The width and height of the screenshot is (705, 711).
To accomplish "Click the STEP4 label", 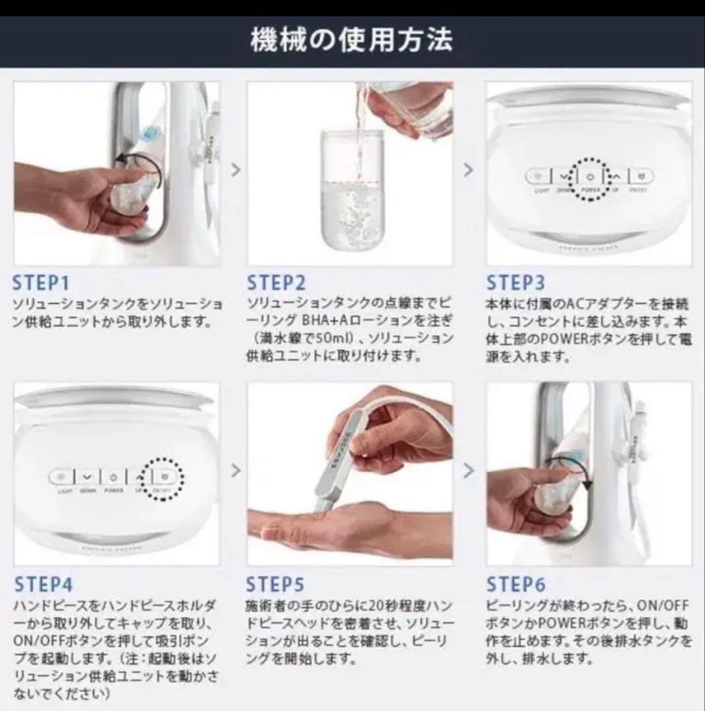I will pyautogui.click(x=43, y=584).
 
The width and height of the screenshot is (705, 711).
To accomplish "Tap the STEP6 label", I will pyautogui.click(x=515, y=584).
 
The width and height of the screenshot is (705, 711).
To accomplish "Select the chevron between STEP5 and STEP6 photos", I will pyautogui.click(x=468, y=471).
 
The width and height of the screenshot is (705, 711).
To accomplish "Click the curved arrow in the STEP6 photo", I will pyautogui.click(x=579, y=477).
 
